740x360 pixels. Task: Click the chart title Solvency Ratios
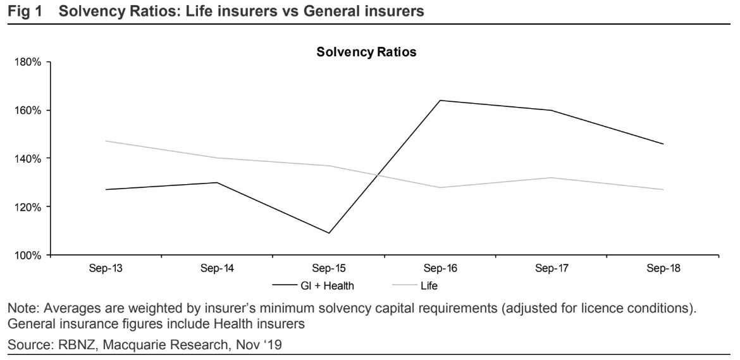pyautogui.click(x=366, y=53)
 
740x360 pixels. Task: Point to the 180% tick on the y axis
pyautogui.click(x=28, y=62)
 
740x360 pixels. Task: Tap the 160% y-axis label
pyautogui.click(x=28, y=110)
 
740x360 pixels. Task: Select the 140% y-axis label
pyautogui.click(x=28, y=158)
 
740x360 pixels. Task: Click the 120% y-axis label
pyautogui.click(x=28, y=207)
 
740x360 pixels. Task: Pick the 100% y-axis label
pyautogui.click(x=28, y=255)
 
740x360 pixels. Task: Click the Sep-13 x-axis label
pyautogui.click(x=106, y=268)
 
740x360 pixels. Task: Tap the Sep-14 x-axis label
pyautogui.click(x=217, y=268)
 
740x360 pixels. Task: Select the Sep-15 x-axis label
pyautogui.click(x=329, y=268)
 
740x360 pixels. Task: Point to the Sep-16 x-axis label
pyautogui.click(x=440, y=268)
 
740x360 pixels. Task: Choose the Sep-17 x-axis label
pyautogui.click(x=551, y=268)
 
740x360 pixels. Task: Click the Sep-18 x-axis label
pyautogui.click(x=663, y=268)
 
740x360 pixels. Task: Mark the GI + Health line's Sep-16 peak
pyautogui.click(x=440, y=100)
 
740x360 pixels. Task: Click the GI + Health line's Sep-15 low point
pyautogui.click(x=329, y=233)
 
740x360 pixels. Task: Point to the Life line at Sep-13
pyautogui.click(x=106, y=141)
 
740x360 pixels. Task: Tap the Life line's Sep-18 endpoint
pyautogui.click(x=663, y=189)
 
